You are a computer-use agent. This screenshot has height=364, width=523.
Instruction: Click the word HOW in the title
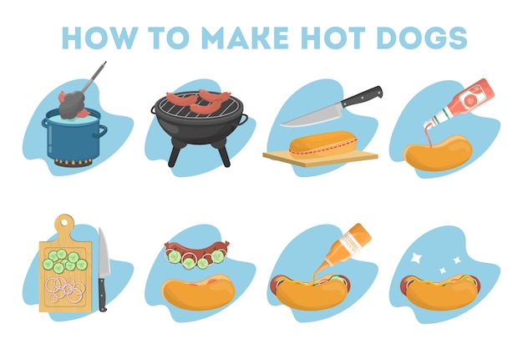click(99, 38)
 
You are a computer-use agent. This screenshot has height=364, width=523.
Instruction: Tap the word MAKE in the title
click(245, 38)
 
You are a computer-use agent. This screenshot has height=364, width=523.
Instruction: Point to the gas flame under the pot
click(73, 163)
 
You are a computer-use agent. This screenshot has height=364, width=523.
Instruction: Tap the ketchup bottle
click(460, 104)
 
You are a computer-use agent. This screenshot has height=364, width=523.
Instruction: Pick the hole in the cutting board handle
click(64, 221)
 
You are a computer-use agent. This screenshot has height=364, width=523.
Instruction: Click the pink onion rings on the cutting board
click(65, 290)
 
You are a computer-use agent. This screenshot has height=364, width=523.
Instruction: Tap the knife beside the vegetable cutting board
click(104, 270)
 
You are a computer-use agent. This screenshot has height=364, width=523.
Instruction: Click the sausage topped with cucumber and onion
click(197, 254)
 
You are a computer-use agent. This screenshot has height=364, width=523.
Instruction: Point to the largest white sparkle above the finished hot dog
click(416, 257)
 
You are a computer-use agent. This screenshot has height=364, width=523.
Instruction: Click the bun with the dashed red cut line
click(323, 145)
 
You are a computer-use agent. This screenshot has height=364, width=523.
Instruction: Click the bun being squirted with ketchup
click(439, 153)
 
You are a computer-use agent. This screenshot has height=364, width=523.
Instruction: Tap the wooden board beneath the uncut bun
click(320, 158)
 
